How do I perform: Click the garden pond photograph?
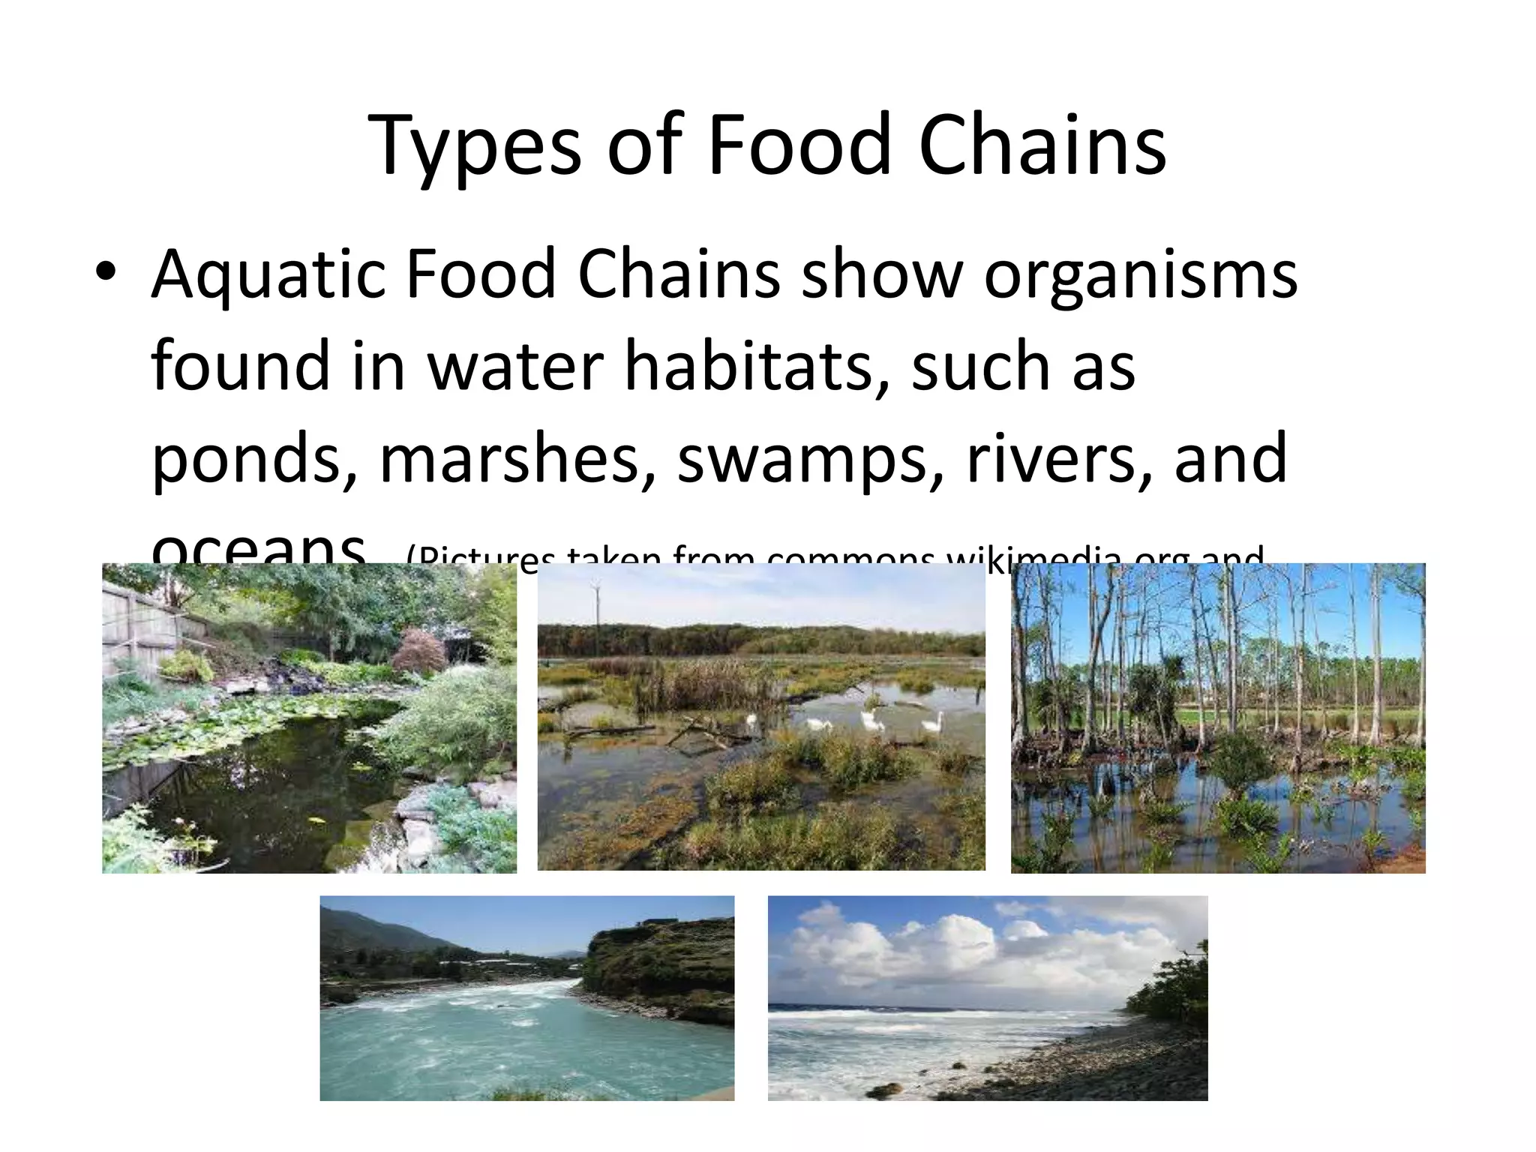tap(309, 718)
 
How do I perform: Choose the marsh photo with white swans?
tap(761, 716)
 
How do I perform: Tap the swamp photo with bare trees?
tap(1217, 718)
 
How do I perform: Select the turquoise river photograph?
tap(526, 997)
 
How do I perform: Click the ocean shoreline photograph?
tap(987, 997)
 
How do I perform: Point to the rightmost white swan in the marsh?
tap(931, 723)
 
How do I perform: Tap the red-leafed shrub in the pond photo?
tap(420, 649)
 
